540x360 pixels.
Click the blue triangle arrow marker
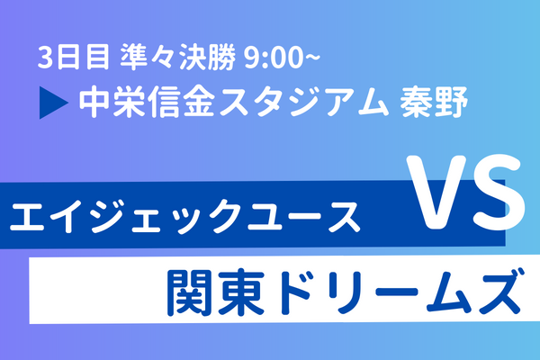[x=51, y=103]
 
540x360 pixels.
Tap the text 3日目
[x=74, y=57]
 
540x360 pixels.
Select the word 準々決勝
[x=177, y=57]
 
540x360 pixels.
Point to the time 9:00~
[x=282, y=58]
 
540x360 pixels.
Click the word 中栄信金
[x=148, y=102]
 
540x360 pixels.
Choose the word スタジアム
[x=304, y=103]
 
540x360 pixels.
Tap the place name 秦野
[x=433, y=102]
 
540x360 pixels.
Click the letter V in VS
[x=436, y=193]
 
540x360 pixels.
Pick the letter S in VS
[x=499, y=193]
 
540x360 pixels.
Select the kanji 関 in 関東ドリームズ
[x=191, y=292]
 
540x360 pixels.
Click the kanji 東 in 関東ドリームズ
[x=242, y=292]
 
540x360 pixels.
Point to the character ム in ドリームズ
[x=447, y=292]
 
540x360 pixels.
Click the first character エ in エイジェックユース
[x=28, y=217]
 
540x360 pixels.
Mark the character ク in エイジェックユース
[x=227, y=217]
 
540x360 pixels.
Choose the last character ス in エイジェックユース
[x=343, y=217]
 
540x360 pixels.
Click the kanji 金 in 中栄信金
[x=199, y=102]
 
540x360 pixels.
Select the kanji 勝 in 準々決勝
[x=221, y=57]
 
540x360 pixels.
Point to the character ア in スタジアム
[x=338, y=103]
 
